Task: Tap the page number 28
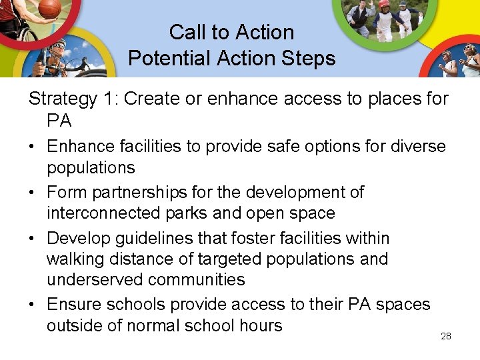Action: [x=446, y=336]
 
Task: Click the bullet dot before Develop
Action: [x=33, y=239]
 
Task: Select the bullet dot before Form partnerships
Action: [x=33, y=193]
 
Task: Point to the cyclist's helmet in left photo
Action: [x=59, y=45]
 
